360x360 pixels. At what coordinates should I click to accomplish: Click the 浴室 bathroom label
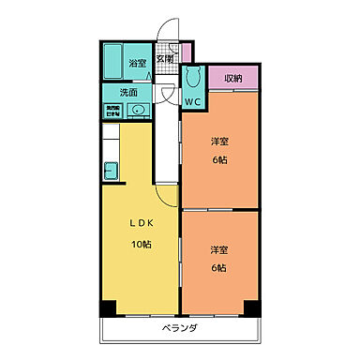tap(136, 62)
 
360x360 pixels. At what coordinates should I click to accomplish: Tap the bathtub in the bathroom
tap(112, 62)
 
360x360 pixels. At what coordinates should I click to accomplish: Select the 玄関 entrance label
tap(164, 58)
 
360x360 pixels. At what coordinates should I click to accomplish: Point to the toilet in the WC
tap(193, 79)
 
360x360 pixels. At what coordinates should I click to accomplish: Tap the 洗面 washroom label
tap(128, 93)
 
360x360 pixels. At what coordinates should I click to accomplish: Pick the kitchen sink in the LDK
tap(111, 171)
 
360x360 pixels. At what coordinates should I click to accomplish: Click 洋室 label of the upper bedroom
tap(219, 142)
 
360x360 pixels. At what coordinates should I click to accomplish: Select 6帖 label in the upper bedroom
tap(219, 159)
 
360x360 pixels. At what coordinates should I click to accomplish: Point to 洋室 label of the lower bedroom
tap(218, 250)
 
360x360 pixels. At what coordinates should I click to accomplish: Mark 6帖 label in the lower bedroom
tap(218, 268)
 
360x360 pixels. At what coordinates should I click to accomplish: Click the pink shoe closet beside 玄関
tap(186, 52)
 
